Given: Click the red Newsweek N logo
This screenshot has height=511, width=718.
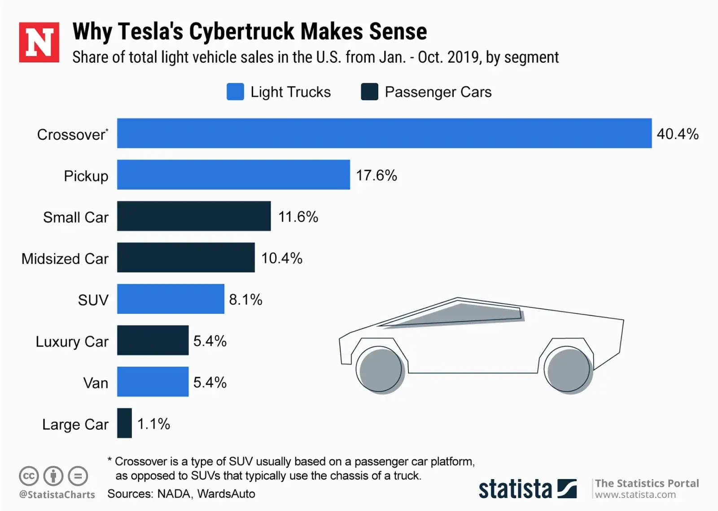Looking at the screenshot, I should [39, 42].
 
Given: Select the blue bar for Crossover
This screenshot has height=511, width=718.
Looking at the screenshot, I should [384, 133].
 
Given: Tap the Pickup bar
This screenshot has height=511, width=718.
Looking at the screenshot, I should [233, 174].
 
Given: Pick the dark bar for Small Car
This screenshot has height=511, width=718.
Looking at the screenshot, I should [194, 216].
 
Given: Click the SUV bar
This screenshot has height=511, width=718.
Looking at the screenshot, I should [171, 299].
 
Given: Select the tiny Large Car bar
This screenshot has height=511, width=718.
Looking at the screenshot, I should [124, 423].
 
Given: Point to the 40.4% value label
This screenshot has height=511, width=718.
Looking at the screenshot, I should [678, 134].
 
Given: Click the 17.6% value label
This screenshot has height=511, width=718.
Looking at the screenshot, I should [377, 175].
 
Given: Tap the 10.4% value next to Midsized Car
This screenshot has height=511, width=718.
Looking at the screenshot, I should [282, 258].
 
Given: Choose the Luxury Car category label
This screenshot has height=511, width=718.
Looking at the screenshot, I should [72, 342].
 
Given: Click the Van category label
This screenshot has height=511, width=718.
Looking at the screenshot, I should [96, 383].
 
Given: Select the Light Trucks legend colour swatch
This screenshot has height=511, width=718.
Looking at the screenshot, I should [235, 92].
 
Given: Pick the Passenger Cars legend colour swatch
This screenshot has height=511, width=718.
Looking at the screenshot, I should [369, 92].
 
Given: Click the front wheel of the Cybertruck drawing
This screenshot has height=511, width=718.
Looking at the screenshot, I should [381, 370].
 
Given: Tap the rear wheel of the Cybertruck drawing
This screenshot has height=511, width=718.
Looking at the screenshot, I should [569, 370].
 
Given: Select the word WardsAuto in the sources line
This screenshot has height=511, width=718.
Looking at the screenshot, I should [226, 494].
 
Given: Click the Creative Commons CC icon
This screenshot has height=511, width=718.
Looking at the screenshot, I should [29, 476].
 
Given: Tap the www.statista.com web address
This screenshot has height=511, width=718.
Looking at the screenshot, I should [635, 495].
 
